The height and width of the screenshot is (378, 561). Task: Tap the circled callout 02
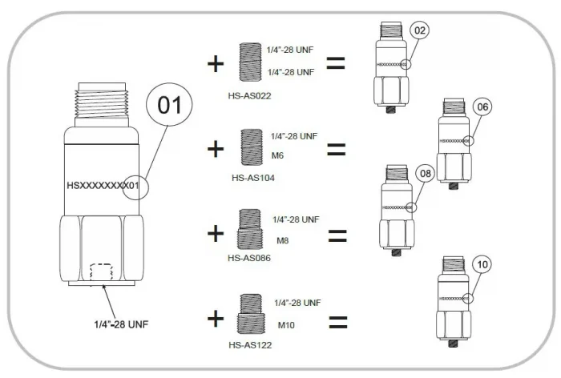point(421,31)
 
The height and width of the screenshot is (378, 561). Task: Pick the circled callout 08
point(425,172)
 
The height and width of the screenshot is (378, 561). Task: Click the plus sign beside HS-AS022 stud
point(215,64)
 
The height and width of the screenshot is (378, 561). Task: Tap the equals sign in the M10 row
point(338,323)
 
